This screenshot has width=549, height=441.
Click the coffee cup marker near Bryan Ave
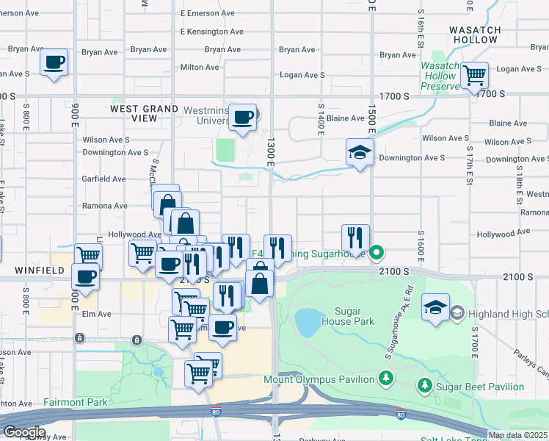54,62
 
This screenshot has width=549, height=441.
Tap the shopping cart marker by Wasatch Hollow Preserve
474,74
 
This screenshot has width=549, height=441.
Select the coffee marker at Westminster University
243,117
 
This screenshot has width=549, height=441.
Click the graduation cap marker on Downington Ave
360,153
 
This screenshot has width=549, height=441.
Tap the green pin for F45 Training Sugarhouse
377,254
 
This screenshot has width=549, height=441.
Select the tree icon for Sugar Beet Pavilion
424,385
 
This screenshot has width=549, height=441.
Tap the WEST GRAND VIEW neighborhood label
144,113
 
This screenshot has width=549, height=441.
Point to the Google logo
24,432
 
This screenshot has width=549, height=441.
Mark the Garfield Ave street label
103,179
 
